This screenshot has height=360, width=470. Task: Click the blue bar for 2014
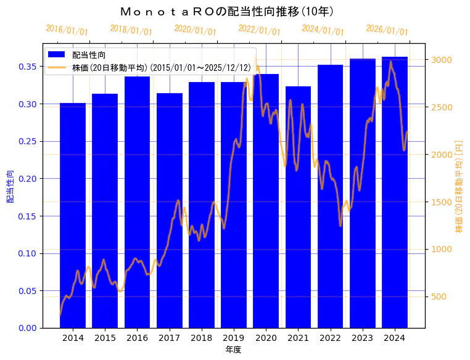[73, 216]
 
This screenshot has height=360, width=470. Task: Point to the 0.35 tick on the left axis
[27, 67]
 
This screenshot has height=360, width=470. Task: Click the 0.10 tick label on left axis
[27, 253]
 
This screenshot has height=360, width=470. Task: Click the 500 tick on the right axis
[439, 297]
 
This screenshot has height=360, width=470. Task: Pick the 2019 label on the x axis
[234, 338]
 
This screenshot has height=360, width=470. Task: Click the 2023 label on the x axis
[363, 338]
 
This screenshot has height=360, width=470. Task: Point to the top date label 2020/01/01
[195, 29]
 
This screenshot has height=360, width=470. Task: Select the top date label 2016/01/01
[67, 29]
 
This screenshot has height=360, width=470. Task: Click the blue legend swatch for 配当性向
[57, 55]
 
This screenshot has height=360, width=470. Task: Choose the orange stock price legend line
[57, 68]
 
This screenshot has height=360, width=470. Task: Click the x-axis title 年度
[233, 350]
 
